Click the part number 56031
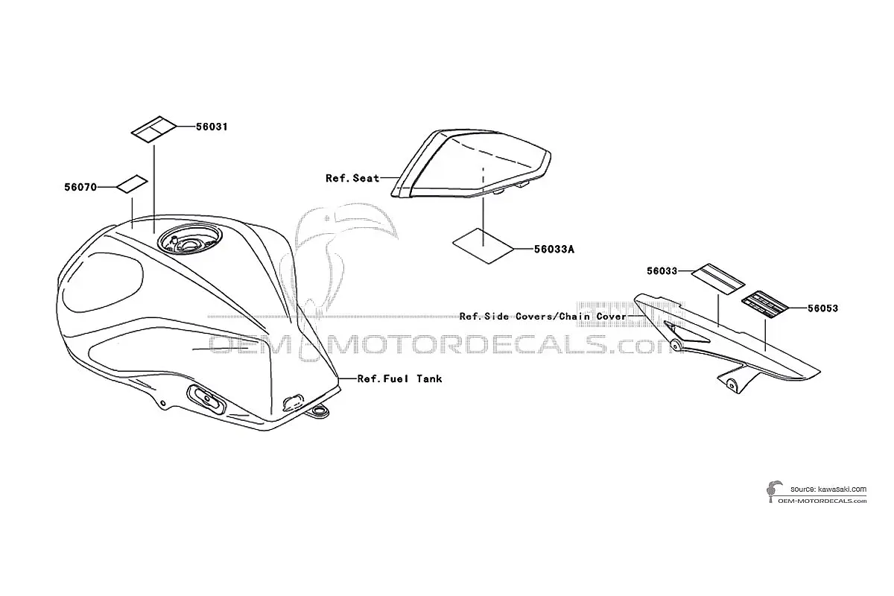(212, 127)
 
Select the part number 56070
(80, 187)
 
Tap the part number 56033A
(554, 249)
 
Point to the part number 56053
(823, 308)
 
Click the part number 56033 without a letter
(662, 271)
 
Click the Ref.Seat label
(352, 178)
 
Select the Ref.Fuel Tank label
(399, 378)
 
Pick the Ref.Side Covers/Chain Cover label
(543, 317)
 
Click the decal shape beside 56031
(153, 129)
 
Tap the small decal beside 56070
(132, 183)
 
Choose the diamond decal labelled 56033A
(483, 246)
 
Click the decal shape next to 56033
(718, 279)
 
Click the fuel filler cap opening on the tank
(189, 240)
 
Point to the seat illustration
(471, 165)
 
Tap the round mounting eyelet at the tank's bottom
(320, 410)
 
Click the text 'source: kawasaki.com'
(828, 489)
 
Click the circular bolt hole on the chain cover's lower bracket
(731, 384)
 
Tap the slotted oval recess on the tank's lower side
(206, 400)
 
